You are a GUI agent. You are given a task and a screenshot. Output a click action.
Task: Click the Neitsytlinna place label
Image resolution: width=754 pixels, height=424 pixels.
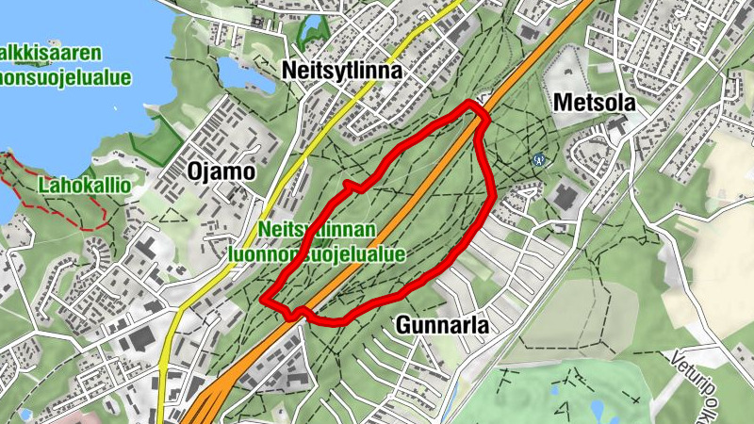(x=341, y=71)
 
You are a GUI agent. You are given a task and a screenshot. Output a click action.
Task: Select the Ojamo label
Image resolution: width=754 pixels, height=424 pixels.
(x=221, y=171)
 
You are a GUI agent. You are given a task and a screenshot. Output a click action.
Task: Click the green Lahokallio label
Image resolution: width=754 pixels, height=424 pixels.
(x=84, y=186)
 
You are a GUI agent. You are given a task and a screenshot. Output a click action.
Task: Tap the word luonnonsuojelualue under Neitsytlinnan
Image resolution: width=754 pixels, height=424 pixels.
(x=317, y=253)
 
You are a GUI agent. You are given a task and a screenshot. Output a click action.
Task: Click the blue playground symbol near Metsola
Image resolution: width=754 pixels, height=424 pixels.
(x=538, y=158)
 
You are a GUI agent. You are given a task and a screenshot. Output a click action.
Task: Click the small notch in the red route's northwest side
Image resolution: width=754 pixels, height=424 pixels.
(x=350, y=186)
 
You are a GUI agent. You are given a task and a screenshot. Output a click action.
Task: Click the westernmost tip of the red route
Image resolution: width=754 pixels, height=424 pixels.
(x=263, y=301)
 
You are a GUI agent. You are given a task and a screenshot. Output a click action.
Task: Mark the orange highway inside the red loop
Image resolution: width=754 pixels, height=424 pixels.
(x=396, y=226)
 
